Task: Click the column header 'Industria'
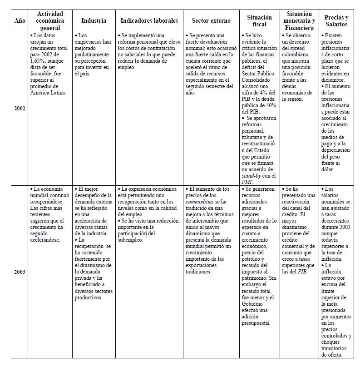click(94, 21)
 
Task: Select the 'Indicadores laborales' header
click(149, 21)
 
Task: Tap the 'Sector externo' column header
click(211, 21)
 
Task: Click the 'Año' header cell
click(20, 21)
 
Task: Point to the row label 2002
click(20, 109)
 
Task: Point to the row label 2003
click(20, 272)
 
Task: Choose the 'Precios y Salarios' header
click(336, 21)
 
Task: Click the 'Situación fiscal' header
click(260, 21)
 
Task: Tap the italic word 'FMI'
click(247, 182)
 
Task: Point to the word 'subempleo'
click(130, 240)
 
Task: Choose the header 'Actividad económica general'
click(50, 21)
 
